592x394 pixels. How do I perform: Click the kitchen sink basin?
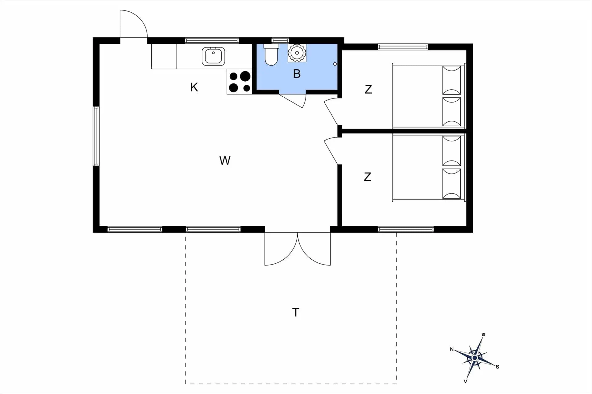pos(213,56)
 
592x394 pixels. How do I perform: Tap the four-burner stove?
pos(240,81)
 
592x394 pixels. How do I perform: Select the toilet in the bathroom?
pos(271,55)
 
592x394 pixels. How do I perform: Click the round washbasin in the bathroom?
pos(297,53)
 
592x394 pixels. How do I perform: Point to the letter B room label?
pos(297,74)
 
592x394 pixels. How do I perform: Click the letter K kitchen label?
pos(194,87)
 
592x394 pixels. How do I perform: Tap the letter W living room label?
pos(225,160)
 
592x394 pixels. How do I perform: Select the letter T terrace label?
pos(296,312)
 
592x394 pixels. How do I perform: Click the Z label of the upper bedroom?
pos(368,89)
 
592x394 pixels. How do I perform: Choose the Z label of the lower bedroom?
pos(367,177)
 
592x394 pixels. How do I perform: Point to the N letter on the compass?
pos(452,349)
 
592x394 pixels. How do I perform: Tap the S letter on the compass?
pos(497,367)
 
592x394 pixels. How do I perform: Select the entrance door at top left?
pos(134,24)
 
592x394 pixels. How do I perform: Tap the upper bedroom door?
pos(332,112)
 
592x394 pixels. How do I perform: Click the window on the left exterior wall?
pos(97,136)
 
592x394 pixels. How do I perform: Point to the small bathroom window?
pos(280,40)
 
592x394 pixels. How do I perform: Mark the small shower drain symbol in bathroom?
pos(335,64)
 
